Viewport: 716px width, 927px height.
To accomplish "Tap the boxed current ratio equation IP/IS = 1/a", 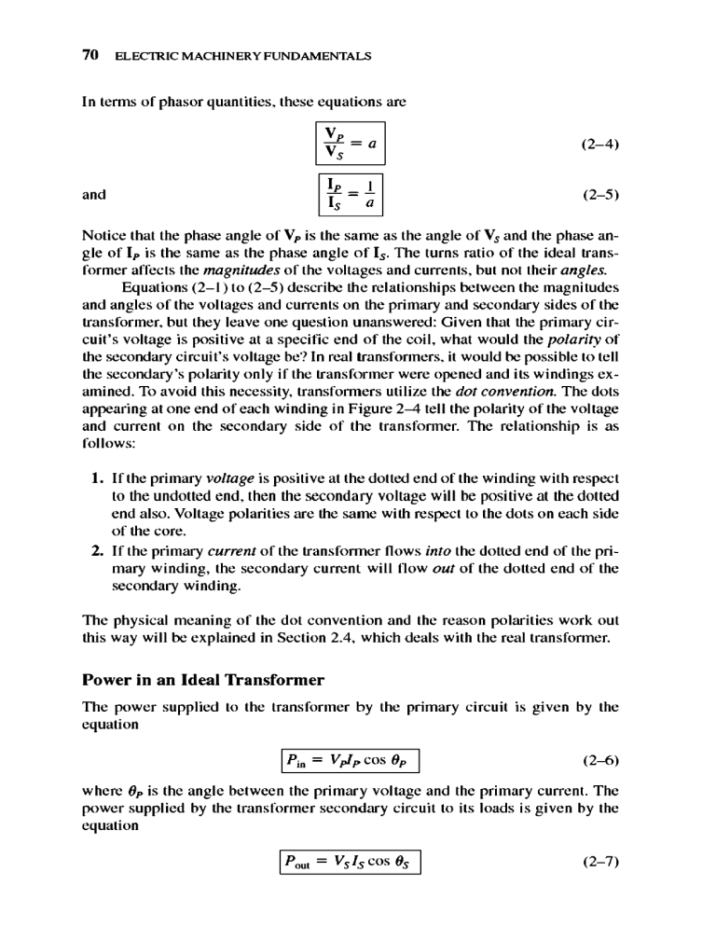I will point(351,195).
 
